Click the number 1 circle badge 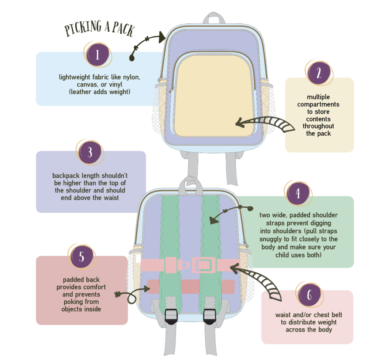click(97, 55)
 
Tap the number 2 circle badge click(318, 73)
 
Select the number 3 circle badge click(90, 152)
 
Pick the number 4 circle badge click(298, 194)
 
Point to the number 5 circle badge click(82, 257)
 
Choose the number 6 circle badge click(309, 295)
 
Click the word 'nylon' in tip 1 click(131, 77)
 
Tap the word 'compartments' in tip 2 click(318, 104)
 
